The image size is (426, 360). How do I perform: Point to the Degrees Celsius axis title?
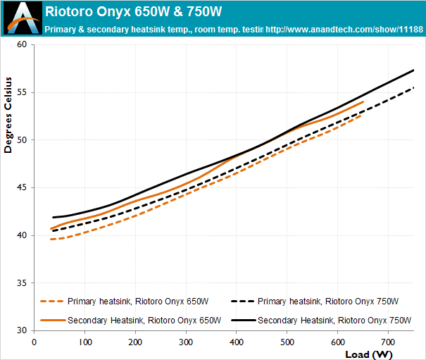coord(8,116)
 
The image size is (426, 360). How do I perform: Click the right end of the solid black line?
coord(413,70)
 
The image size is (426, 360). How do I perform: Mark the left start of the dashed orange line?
coord(51,240)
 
